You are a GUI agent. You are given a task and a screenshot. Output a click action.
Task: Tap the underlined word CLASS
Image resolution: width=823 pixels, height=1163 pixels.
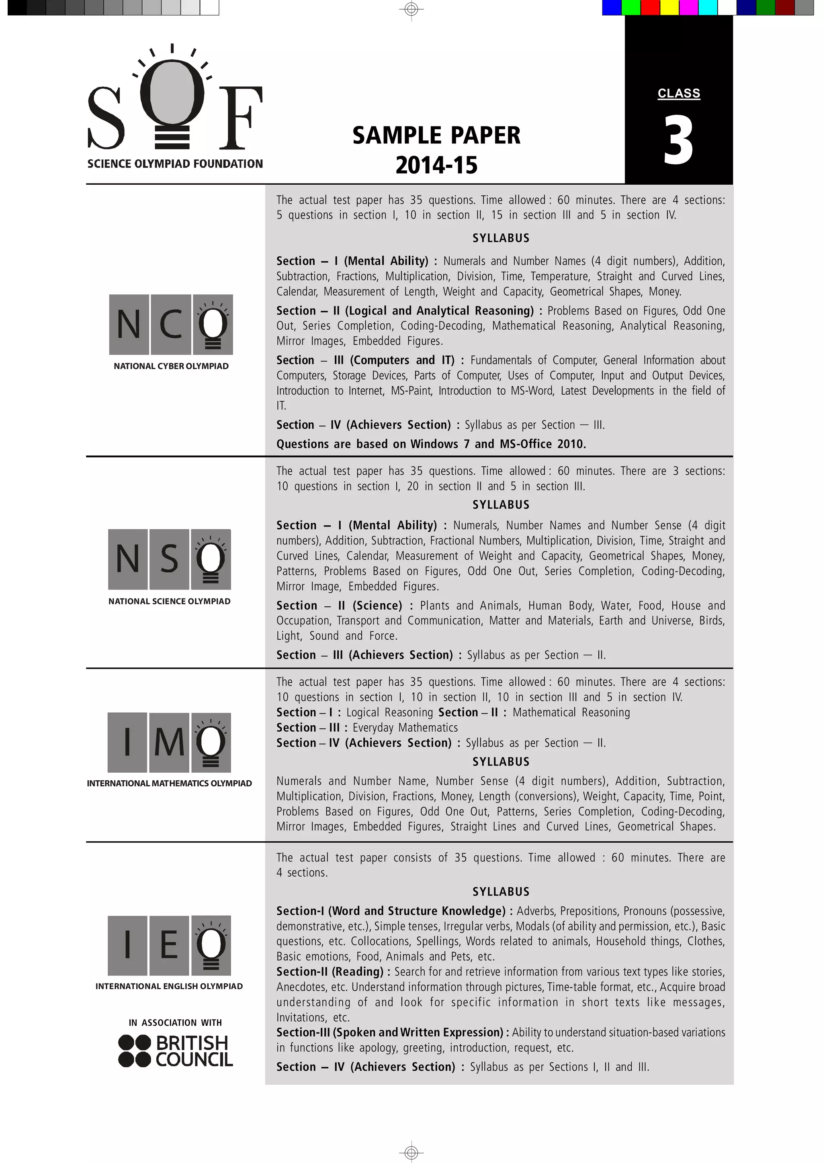(x=679, y=94)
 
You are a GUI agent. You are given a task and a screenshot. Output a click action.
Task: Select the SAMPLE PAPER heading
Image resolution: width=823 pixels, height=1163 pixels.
(x=436, y=135)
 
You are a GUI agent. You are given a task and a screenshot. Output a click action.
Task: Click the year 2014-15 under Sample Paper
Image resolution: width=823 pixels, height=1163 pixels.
(x=436, y=165)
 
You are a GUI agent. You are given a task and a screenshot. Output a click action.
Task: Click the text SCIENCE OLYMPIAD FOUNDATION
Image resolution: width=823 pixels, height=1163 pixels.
(x=175, y=163)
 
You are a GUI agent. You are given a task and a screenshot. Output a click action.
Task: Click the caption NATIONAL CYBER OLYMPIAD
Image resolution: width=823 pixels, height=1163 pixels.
(x=171, y=366)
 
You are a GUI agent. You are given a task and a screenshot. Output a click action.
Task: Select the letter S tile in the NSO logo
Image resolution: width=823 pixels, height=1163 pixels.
(x=169, y=559)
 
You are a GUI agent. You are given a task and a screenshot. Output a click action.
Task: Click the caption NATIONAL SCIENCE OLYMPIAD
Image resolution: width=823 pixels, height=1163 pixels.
(x=169, y=601)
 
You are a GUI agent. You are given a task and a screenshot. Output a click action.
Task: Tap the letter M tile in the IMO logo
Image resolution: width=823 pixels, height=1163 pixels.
(x=169, y=743)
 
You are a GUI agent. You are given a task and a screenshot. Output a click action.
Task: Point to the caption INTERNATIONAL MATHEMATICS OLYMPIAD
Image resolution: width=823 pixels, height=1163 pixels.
(x=169, y=783)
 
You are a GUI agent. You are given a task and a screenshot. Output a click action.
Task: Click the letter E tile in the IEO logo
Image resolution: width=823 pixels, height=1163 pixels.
(x=169, y=945)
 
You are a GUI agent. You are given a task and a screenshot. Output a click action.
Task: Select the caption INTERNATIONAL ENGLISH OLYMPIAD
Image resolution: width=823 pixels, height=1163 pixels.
(x=169, y=986)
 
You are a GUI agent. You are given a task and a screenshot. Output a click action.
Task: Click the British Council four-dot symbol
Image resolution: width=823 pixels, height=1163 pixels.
(x=134, y=1051)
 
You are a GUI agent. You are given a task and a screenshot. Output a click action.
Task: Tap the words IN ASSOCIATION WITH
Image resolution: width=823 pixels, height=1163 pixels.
(x=175, y=1023)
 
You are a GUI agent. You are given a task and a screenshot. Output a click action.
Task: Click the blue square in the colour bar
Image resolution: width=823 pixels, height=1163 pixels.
(x=611, y=8)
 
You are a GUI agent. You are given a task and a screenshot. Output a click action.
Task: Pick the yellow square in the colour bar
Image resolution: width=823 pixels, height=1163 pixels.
(x=669, y=8)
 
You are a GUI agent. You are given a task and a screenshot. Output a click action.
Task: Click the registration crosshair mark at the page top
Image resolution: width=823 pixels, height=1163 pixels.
(x=411, y=8)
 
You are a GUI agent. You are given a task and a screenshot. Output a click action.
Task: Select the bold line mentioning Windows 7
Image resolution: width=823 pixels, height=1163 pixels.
(x=431, y=444)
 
